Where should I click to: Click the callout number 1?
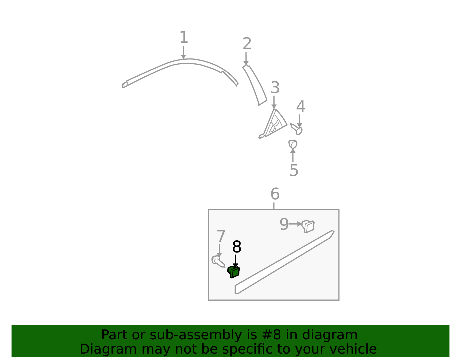click(x=184, y=37)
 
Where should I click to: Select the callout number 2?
click(x=247, y=44)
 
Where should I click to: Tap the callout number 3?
click(x=275, y=87)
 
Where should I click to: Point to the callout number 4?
click(x=301, y=106)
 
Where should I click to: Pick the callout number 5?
click(x=294, y=170)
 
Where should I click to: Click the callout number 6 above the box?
click(x=275, y=194)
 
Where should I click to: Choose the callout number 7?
click(x=221, y=236)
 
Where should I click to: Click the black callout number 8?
click(x=237, y=247)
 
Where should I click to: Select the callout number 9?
click(x=284, y=224)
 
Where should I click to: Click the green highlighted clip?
click(x=234, y=272)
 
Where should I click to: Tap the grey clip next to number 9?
click(x=308, y=227)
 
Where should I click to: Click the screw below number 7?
click(x=218, y=262)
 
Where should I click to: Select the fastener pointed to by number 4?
click(x=296, y=129)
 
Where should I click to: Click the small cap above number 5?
click(x=293, y=144)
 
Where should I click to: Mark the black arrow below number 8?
click(x=235, y=261)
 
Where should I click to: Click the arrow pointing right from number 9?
click(x=295, y=224)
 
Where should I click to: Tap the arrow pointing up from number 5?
click(x=293, y=155)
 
